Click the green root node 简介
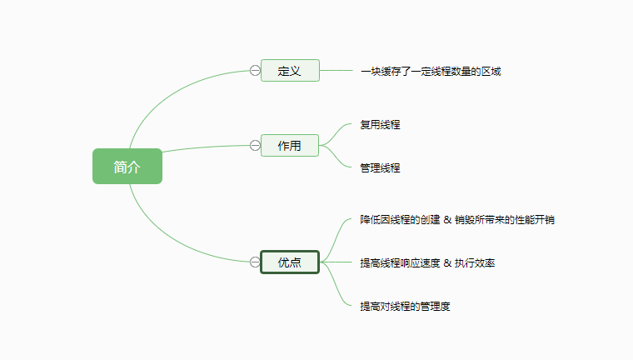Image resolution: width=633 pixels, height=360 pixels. point(127,167)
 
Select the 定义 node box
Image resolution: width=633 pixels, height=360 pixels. point(289,71)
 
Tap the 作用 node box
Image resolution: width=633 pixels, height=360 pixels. point(289,146)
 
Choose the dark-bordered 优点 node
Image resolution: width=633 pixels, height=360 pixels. point(289,262)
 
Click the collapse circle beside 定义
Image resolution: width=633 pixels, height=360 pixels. point(255,71)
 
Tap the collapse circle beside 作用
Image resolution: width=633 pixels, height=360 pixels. point(255,146)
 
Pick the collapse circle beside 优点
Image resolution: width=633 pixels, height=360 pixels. point(255,262)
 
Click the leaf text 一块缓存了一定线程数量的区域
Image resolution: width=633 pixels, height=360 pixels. point(431,72)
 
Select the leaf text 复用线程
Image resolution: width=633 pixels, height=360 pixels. point(380,125)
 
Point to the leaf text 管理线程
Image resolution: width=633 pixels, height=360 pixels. point(380,168)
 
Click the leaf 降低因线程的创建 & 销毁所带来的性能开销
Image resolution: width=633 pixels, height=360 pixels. point(457,220)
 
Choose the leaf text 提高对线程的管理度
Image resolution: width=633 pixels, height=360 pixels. point(405,307)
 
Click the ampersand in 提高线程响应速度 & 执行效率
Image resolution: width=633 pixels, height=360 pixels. point(447,263)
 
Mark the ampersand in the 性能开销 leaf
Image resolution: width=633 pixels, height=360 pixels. point(447,220)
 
